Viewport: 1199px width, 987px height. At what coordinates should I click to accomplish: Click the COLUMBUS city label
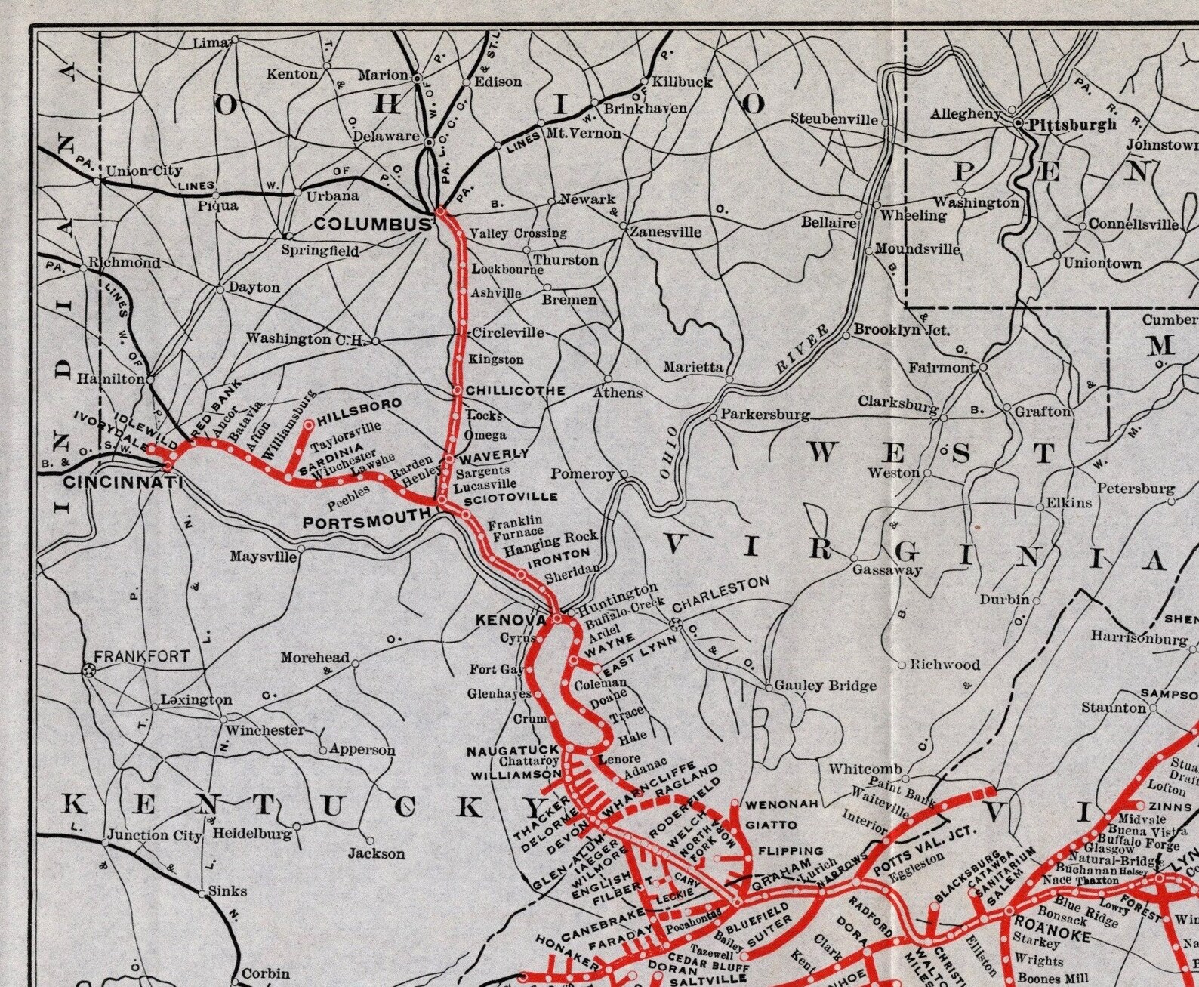(372, 224)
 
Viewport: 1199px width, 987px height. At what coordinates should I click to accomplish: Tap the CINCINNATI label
(113, 482)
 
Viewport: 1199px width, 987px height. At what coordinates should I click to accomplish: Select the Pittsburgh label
(1072, 125)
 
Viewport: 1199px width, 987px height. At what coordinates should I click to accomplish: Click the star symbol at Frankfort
(88, 669)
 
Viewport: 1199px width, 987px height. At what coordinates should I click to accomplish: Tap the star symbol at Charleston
(675, 624)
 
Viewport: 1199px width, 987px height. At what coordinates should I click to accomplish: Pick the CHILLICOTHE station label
(515, 390)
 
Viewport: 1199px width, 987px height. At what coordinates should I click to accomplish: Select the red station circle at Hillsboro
(309, 425)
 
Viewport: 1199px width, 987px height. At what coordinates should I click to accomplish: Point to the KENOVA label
(510, 620)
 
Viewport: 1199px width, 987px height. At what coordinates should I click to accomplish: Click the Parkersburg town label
(764, 415)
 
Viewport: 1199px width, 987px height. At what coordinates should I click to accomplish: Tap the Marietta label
(693, 367)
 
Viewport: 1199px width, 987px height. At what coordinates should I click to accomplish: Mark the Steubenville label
(834, 119)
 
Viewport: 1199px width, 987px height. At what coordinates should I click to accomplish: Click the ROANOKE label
(1052, 925)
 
